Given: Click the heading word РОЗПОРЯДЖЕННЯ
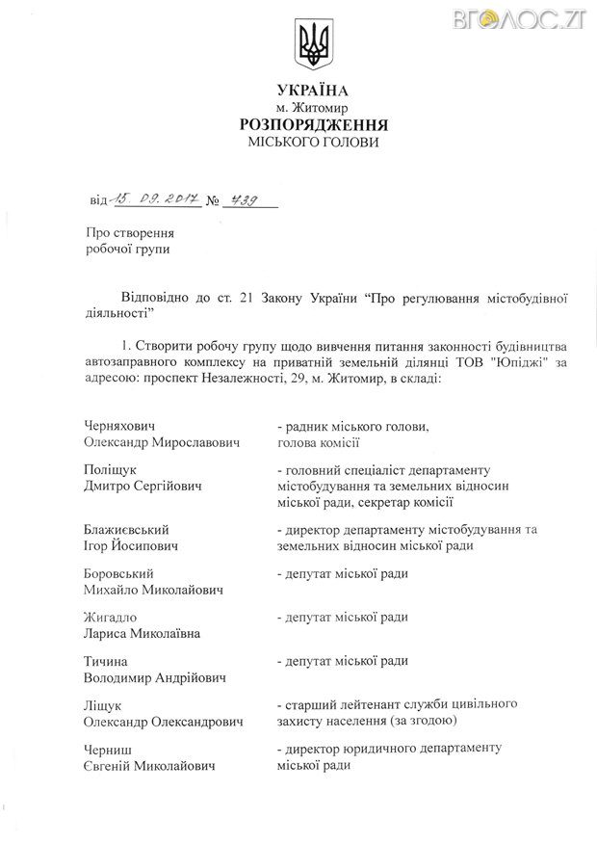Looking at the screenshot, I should point(312,124).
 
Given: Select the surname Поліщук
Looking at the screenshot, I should point(113,469).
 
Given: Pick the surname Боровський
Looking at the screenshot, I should point(122,573).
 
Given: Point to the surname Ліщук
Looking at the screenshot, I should point(106,705).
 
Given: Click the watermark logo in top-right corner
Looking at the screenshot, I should point(544,16).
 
